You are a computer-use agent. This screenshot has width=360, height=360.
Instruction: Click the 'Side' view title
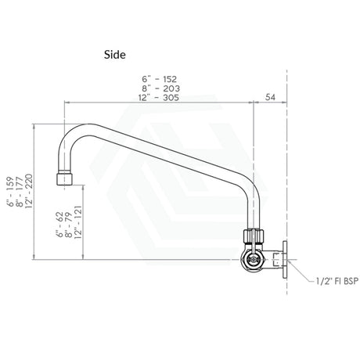(115, 55)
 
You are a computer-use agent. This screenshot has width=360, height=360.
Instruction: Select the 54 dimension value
(270, 97)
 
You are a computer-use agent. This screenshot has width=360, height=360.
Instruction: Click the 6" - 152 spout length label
(160, 79)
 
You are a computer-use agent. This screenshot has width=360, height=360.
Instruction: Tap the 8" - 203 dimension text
(160, 88)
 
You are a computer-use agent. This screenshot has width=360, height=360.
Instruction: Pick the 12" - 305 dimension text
(159, 98)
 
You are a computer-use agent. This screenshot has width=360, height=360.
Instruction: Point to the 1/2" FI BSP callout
(337, 281)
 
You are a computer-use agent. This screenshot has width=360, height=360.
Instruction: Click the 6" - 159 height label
(10, 192)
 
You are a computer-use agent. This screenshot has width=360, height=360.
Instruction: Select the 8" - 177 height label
(20, 192)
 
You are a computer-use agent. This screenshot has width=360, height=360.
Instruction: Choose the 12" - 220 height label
(29, 191)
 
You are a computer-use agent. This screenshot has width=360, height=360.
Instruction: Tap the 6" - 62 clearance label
(59, 225)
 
